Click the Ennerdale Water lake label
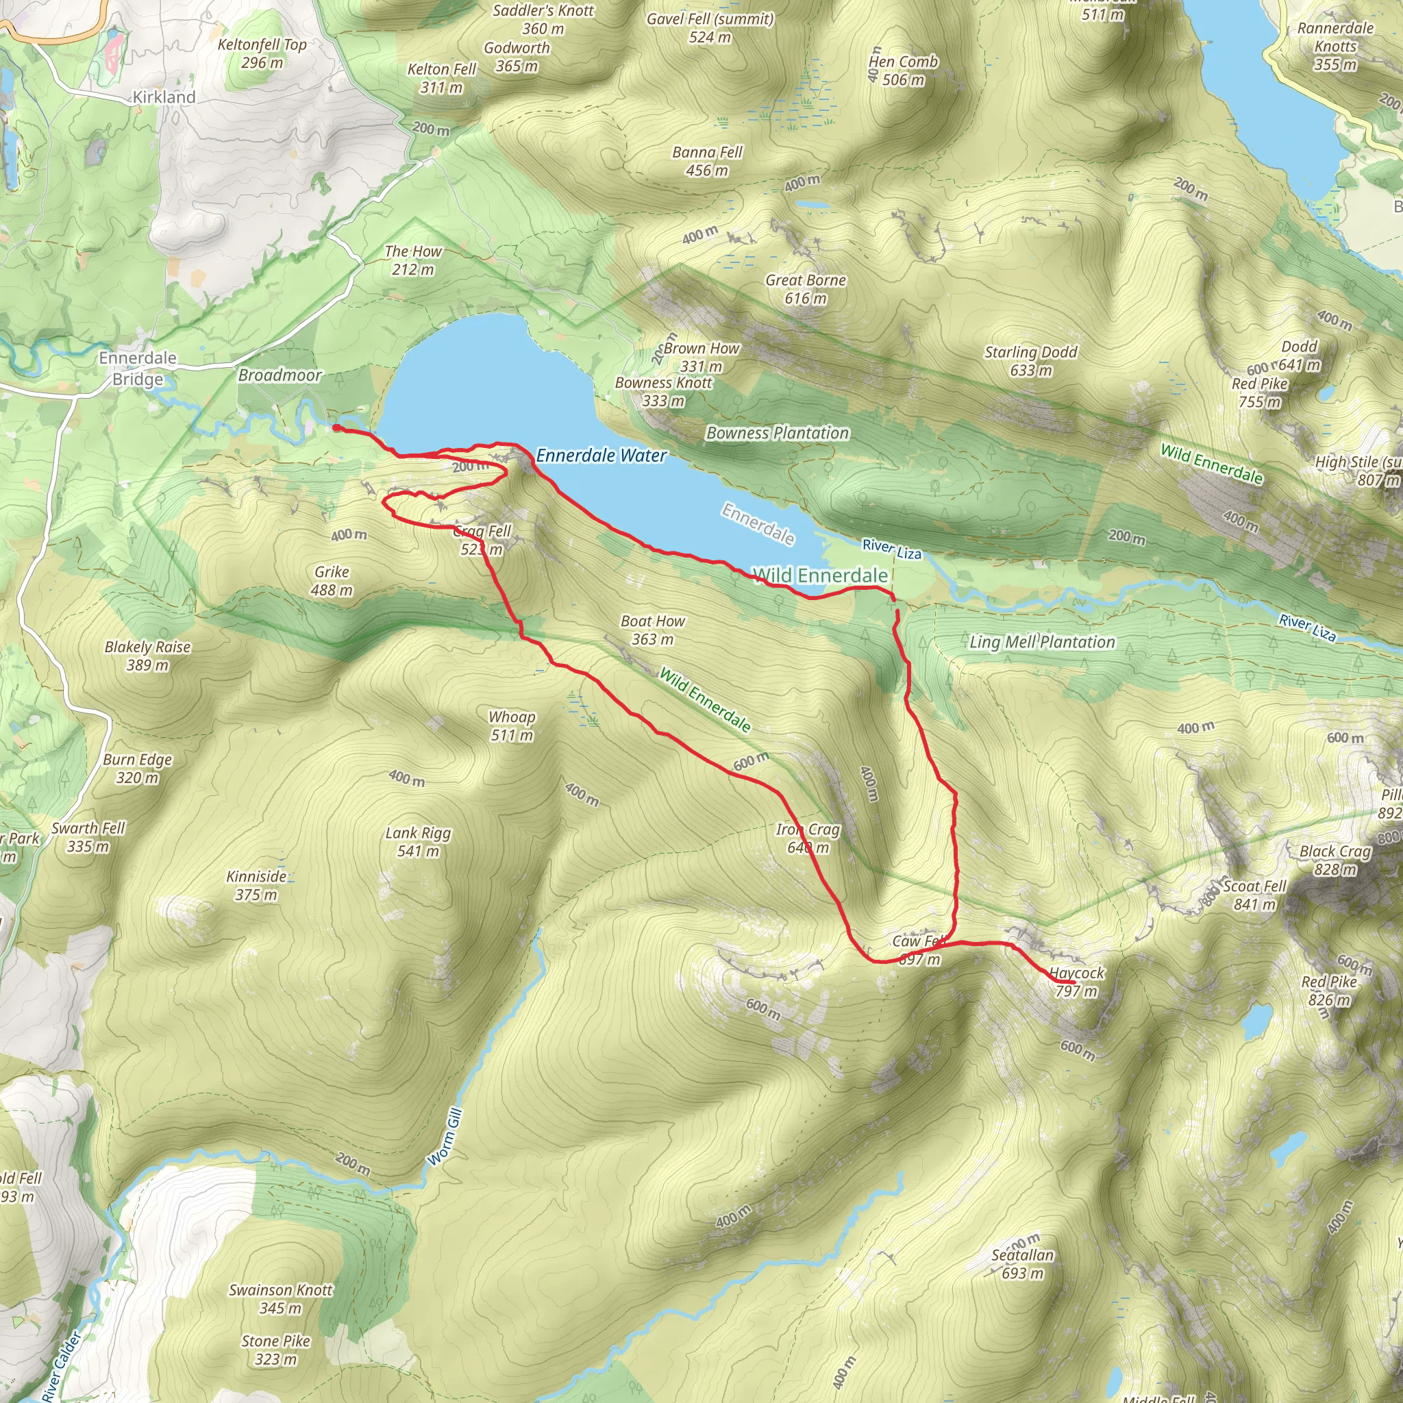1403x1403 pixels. click(601, 456)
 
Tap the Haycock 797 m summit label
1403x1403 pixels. click(1076, 982)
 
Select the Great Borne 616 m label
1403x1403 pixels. click(806, 289)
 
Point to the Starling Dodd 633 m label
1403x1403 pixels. click(1030, 361)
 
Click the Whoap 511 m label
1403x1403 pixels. click(512, 725)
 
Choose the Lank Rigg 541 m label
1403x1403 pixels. click(419, 842)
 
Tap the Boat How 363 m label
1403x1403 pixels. click(652, 630)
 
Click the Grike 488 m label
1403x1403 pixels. click(332, 580)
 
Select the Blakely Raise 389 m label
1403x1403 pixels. click(147, 655)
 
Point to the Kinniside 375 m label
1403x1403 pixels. click(256, 884)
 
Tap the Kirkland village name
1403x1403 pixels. click(164, 97)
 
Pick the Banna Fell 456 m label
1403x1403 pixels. click(707, 160)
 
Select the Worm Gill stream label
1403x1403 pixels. click(445, 1137)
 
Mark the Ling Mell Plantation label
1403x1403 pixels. click(1042, 642)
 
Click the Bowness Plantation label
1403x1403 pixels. click(778, 433)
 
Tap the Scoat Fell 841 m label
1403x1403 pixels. click(1254, 895)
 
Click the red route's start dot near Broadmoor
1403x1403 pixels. click(337, 427)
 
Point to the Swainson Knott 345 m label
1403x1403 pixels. click(280, 1298)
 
